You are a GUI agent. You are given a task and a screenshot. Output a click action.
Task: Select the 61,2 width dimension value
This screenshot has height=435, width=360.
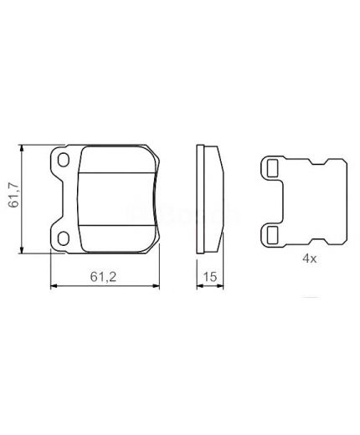(x=104, y=273)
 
